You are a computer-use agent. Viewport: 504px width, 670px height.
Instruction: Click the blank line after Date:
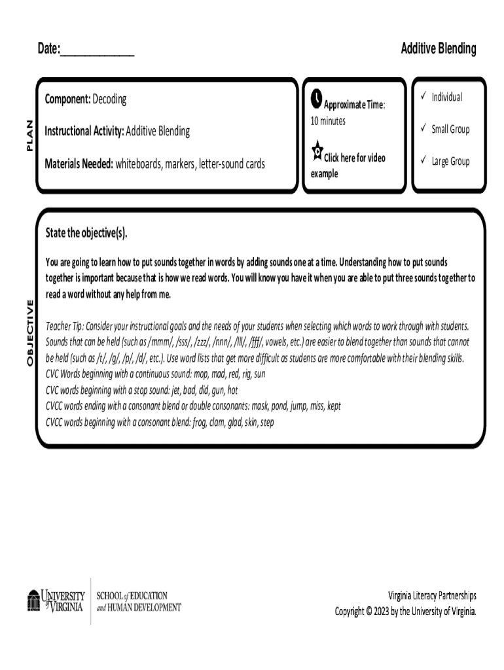tap(97, 50)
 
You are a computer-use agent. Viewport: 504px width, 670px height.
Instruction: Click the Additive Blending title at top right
tap(438, 48)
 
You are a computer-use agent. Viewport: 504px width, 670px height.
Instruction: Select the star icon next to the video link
tap(317, 150)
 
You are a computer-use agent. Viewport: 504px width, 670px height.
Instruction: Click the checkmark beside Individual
tap(423, 97)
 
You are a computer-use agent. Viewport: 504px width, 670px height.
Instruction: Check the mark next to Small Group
tap(423, 129)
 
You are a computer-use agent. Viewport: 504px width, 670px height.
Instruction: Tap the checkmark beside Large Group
tap(423, 161)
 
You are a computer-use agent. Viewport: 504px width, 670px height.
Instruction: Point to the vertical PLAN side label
tap(28, 136)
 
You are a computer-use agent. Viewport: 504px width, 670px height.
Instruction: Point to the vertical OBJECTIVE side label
tap(29, 333)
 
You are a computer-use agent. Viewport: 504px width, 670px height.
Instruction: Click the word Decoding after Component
tap(109, 99)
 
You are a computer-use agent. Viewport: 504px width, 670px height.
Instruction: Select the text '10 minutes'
tap(328, 121)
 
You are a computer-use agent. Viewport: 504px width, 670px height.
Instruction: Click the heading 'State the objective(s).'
tap(86, 233)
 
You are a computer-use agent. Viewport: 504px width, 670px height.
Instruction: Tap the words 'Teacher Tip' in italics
tap(64, 326)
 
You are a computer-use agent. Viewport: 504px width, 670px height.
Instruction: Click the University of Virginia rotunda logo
tap(33, 601)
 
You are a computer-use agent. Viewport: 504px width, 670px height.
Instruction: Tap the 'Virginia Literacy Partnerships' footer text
tap(432, 595)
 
